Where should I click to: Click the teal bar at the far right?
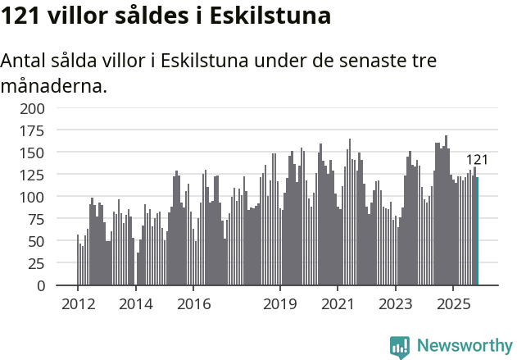click(477, 232)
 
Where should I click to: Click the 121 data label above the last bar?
click(477, 160)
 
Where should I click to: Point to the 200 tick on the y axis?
click(33, 108)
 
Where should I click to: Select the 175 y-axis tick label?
click(33, 130)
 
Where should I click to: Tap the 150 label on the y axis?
click(33, 153)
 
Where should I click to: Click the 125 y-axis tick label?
click(33, 175)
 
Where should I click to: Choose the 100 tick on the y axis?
click(33, 198)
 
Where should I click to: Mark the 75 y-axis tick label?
click(37, 220)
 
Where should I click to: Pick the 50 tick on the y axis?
click(37, 242)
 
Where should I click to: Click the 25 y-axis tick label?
click(37, 264)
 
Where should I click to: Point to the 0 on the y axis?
click(41, 286)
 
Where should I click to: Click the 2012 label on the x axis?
click(78, 304)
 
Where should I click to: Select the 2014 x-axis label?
click(135, 304)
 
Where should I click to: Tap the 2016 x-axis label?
click(193, 304)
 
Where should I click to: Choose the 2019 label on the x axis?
click(279, 304)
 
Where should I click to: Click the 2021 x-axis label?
click(337, 304)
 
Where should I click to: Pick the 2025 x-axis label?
click(452, 304)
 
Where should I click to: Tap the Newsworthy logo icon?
click(400, 346)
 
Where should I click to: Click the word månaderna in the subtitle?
click(54, 85)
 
